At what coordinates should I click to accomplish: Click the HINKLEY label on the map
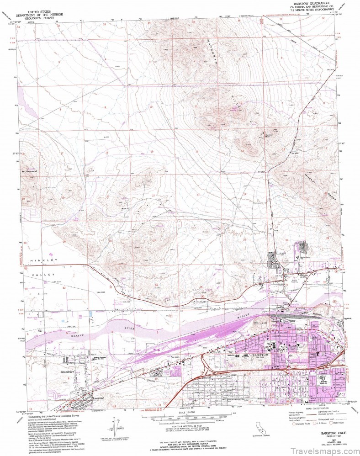click(45, 260)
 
